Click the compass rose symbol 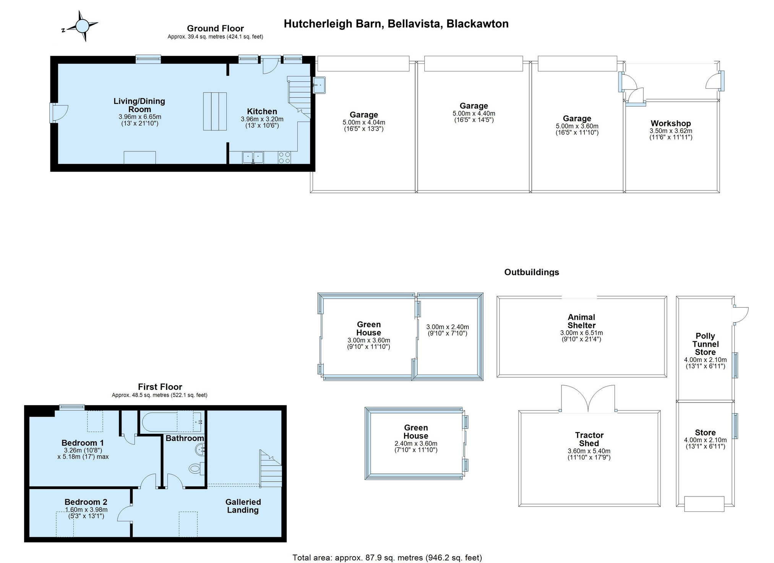tap(82, 26)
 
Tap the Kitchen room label tap(262, 111)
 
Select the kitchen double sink tap(253, 157)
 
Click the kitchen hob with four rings tap(284, 157)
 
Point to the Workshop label tap(671, 123)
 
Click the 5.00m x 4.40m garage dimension tap(474, 114)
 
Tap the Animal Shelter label tap(581, 321)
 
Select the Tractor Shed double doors tap(588, 399)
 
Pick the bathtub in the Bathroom tap(172, 422)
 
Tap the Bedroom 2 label tap(86, 502)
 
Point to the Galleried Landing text tap(243, 506)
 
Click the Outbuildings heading tap(532, 272)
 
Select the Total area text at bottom tap(387, 558)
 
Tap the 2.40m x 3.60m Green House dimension tap(416, 443)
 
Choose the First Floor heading tap(160, 387)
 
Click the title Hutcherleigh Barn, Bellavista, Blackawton tap(396, 24)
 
